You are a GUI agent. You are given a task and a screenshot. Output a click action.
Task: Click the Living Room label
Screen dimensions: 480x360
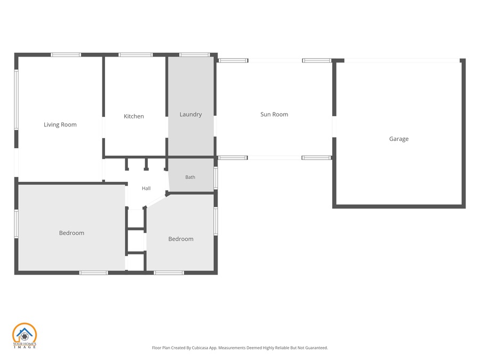(x=60, y=125)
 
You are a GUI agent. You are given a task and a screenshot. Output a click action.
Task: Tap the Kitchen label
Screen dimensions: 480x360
(x=134, y=116)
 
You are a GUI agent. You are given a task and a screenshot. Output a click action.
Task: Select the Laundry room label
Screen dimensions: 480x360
(x=191, y=115)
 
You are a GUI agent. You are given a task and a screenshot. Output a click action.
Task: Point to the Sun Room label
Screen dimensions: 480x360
(x=274, y=115)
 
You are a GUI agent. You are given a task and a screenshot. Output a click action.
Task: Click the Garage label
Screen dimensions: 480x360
(x=399, y=139)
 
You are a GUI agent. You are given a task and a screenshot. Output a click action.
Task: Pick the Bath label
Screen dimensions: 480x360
(x=190, y=177)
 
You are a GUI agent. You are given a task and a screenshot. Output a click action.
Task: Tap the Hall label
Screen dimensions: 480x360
(x=146, y=188)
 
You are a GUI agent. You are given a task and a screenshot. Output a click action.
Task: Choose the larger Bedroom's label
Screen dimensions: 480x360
(x=71, y=233)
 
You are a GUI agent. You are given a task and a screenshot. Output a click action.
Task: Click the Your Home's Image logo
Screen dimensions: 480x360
(x=25, y=335)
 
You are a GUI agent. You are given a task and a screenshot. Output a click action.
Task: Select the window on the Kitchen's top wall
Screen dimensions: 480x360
(x=135, y=55)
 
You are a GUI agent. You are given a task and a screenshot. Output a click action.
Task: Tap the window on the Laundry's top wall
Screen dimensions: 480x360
(x=195, y=55)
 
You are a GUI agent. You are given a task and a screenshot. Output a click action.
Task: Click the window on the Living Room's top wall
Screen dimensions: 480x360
(x=66, y=55)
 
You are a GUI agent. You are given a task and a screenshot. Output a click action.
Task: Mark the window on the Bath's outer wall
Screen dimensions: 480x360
(x=216, y=178)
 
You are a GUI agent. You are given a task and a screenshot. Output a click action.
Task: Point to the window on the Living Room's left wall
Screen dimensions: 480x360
(x=17, y=100)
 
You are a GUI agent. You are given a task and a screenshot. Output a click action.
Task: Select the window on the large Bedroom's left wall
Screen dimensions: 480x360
(x=17, y=224)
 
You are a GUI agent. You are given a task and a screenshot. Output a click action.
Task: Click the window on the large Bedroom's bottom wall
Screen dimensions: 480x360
(x=94, y=273)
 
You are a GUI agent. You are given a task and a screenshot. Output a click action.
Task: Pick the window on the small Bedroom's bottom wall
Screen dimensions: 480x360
(x=169, y=273)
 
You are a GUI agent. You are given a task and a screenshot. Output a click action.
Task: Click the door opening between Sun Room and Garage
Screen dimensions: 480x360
(x=334, y=127)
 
